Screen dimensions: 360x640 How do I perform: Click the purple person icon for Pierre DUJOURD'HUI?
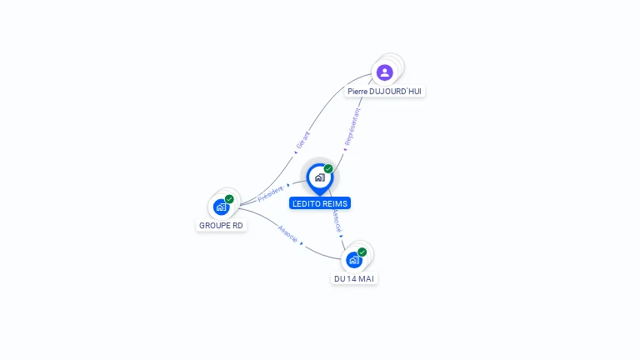tap(384, 72)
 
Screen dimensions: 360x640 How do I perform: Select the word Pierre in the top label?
tap(358, 91)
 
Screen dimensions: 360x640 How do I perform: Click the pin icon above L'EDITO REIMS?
tap(319, 177)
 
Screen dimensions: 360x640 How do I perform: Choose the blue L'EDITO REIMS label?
tap(320, 203)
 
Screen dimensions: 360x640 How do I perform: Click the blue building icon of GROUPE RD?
tap(221, 207)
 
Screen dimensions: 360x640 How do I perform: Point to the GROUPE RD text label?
tap(222, 225)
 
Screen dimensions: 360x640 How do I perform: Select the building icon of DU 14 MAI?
tap(353, 259)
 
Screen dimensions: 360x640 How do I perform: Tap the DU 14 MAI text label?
tap(354, 278)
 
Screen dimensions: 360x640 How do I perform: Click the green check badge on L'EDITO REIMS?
tap(328, 169)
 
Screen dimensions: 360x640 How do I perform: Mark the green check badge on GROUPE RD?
tap(229, 199)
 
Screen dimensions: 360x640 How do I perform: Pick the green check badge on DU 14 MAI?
tap(362, 252)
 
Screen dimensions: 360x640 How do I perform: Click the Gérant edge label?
tap(303, 139)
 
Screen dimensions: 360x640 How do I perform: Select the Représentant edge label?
tap(351, 127)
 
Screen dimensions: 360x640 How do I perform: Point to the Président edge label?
tap(270, 193)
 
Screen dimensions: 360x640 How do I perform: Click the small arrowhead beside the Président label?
tap(288, 185)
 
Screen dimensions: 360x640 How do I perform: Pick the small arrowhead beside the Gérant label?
tap(296, 152)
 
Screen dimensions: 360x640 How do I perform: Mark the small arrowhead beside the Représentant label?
tap(345, 150)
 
